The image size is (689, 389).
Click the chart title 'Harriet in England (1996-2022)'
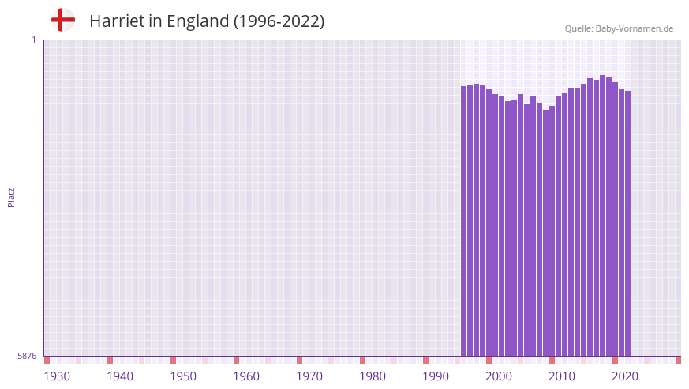point(207,21)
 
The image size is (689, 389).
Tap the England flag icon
point(63,20)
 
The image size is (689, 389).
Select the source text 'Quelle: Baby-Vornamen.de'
point(619,28)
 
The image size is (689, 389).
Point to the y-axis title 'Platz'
point(11,197)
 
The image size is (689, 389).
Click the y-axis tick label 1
point(33,40)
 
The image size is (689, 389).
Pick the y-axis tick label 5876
point(27,357)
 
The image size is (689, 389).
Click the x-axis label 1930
point(57,376)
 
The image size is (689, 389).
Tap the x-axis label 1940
point(120,376)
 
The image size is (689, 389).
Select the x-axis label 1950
point(183,376)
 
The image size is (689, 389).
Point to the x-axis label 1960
point(246,376)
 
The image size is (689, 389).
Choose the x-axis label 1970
point(309,376)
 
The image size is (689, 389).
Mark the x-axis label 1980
point(373,376)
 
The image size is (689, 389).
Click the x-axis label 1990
point(436,376)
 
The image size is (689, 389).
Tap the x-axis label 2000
point(499,376)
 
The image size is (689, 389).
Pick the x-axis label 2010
point(562,376)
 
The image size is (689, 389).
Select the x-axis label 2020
point(625,376)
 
